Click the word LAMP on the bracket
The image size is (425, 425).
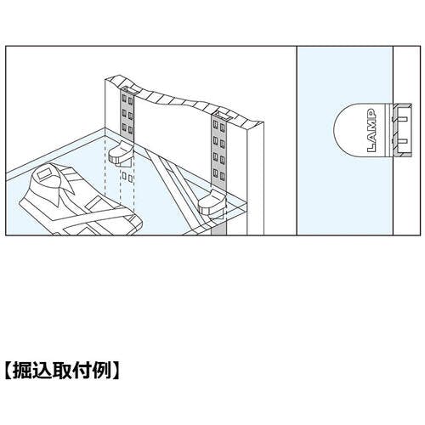click(371, 130)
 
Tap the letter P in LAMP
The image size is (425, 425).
click(371, 113)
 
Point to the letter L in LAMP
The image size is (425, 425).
click(371, 148)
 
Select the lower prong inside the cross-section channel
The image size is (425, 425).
click(403, 141)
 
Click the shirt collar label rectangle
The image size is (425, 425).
click(44, 173)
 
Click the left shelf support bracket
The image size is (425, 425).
click(121, 154)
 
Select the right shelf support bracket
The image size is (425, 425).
click(212, 203)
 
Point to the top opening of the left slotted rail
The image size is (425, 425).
click(130, 90)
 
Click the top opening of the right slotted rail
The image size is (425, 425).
click(220, 115)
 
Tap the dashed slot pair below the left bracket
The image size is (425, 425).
click(127, 177)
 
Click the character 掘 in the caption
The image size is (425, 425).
click(24, 370)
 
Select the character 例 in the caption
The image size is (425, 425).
click(99, 370)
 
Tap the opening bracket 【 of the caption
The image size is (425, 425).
click(9, 370)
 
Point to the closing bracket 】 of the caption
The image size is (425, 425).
click(116, 370)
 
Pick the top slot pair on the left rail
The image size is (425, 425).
click(127, 99)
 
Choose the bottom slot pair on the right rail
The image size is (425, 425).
click(220, 173)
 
